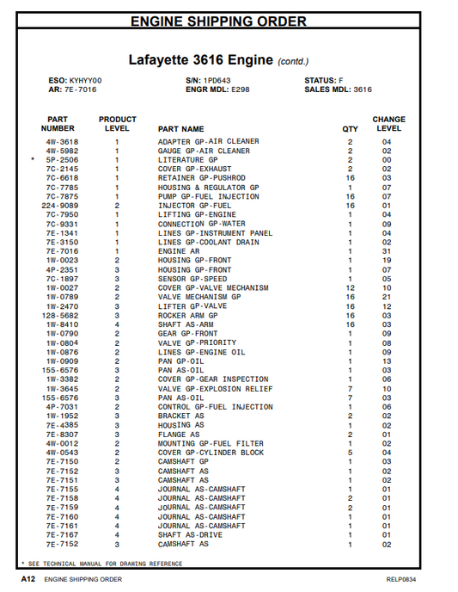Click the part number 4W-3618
click(62, 142)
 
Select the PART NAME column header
click(180, 129)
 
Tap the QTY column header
click(351, 129)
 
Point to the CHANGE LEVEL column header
click(388, 124)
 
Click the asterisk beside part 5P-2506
click(33, 160)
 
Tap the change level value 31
click(387, 251)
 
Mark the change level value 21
click(387, 296)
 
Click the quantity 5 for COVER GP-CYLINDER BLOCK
click(350, 453)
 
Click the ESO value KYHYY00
click(85, 80)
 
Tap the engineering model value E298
click(241, 89)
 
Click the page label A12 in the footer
click(27, 580)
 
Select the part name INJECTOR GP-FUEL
click(194, 206)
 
